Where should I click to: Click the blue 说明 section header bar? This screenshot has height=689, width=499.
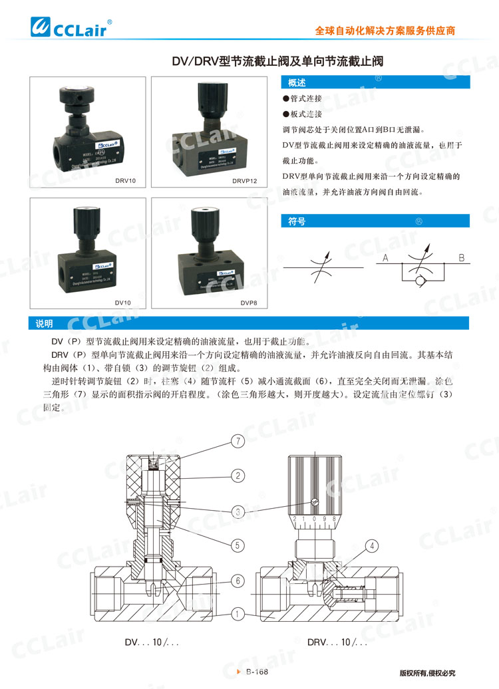pyautogui.click(x=249, y=323)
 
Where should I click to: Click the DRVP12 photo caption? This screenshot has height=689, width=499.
pyautogui.click(x=245, y=180)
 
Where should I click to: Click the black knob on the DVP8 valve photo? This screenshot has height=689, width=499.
pyautogui.click(x=202, y=225)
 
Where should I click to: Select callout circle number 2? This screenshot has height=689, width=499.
pyautogui.click(x=238, y=475)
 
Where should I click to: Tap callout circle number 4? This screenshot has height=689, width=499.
pyautogui.click(x=372, y=545)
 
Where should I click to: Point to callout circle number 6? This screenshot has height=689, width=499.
pyautogui.click(x=238, y=581)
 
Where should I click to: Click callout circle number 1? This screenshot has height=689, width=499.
pyautogui.click(x=238, y=614)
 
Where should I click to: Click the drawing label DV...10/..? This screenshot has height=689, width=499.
pyautogui.click(x=152, y=643)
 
